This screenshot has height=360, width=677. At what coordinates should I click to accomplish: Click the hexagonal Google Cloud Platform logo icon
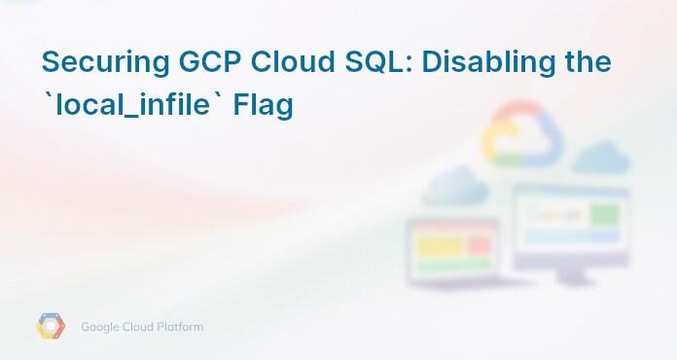(51, 327)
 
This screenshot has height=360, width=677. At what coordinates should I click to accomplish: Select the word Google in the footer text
(101, 327)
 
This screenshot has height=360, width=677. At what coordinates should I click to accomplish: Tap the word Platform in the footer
(181, 327)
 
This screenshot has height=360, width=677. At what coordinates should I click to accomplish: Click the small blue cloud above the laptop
(453, 185)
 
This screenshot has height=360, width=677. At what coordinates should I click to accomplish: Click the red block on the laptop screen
(480, 246)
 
